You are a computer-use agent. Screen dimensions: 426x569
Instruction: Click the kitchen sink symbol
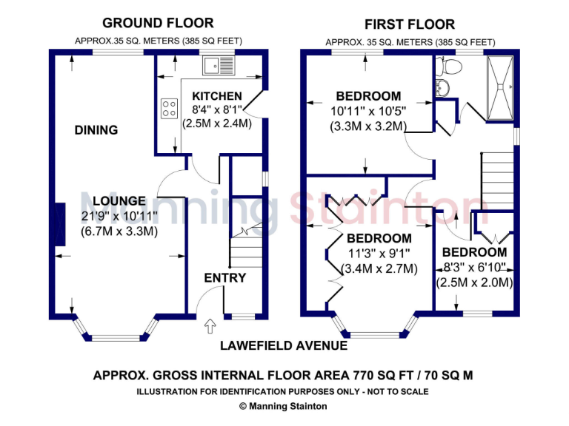219,67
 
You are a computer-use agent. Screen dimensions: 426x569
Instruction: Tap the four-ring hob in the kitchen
169,109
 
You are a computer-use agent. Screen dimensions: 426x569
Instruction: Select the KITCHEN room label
216,96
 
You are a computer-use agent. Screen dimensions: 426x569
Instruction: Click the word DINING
96,130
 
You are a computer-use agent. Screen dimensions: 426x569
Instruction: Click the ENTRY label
224,277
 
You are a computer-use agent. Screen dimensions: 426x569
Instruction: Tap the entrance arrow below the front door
210,324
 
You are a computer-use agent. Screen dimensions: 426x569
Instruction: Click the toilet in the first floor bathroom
448,67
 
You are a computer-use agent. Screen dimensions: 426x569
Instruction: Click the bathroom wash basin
442,89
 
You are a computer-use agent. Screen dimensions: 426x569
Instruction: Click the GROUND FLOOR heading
158,24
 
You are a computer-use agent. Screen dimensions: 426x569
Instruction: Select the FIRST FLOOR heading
410,24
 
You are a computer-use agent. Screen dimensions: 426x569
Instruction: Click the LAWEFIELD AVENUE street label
284,345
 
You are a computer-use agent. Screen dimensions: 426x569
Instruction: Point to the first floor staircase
498,181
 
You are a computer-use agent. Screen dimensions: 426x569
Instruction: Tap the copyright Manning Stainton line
283,406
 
